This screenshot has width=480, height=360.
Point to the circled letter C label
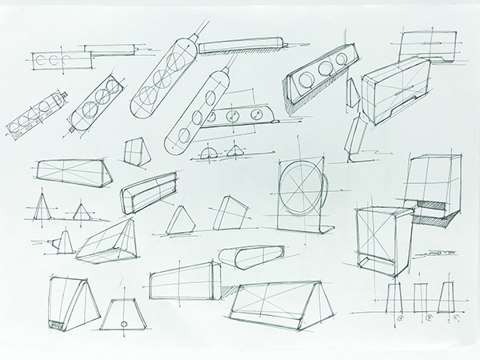point(455,318)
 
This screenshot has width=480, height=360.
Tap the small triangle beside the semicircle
point(235,151)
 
